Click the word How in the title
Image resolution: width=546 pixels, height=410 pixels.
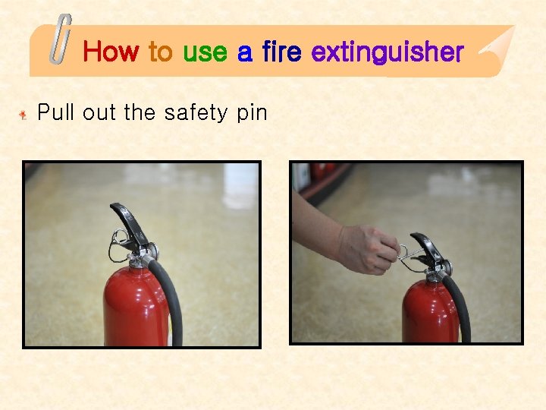(111, 52)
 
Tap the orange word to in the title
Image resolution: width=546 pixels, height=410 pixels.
(160, 52)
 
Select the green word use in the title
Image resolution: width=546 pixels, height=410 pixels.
(205, 52)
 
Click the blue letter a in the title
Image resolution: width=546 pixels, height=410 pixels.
(244, 53)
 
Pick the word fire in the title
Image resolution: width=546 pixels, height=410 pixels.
(282, 52)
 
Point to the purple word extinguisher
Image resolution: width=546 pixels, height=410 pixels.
(387, 52)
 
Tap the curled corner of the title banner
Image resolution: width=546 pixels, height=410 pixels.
(492, 47)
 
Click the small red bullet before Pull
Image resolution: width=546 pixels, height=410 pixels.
(24, 115)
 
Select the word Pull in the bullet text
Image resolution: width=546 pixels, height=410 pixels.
(58, 113)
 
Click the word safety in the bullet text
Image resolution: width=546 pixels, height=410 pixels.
(194, 114)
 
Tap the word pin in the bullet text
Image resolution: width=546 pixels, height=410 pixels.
(252, 114)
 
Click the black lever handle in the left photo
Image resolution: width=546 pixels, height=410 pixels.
(125, 219)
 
